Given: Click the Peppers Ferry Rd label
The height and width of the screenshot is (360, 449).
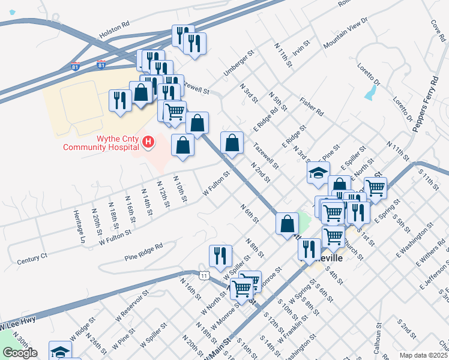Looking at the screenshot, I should pyautogui.click(x=423, y=103).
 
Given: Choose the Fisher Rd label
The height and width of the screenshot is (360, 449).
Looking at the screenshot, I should pyautogui.click(x=312, y=107).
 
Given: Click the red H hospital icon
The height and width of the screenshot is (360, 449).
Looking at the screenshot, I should pyautogui.click(x=148, y=142).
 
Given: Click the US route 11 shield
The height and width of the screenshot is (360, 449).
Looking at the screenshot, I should pyautogui.click(x=205, y=275).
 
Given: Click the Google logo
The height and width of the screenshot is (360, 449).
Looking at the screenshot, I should pyautogui.click(x=19, y=353).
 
